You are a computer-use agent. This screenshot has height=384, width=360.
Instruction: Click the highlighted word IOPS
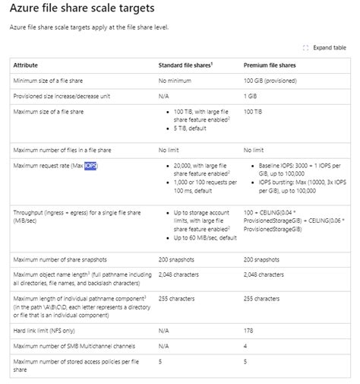pyautogui.click(x=90, y=165)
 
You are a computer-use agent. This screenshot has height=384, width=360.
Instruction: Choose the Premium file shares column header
pyautogui.click(x=269, y=65)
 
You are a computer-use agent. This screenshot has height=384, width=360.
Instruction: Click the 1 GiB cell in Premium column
pyautogui.click(x=250, y=96)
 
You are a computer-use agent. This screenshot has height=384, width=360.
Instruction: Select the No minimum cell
pyautogui.click(x=176, y=80)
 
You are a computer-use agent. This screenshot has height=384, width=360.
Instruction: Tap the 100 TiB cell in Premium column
pyautogui.click(x=253, y=112)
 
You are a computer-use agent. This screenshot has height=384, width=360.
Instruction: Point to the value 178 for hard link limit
pyautogui.click(x=248, y=332)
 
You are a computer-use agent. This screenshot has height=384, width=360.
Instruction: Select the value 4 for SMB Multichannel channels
pyautogui.click(x=245, y=347)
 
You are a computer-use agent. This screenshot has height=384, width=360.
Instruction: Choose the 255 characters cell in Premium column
pyautogui.click(x=264, y=299)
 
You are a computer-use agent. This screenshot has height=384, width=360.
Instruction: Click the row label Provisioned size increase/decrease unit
pyautogui.click(x=64, y=96)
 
